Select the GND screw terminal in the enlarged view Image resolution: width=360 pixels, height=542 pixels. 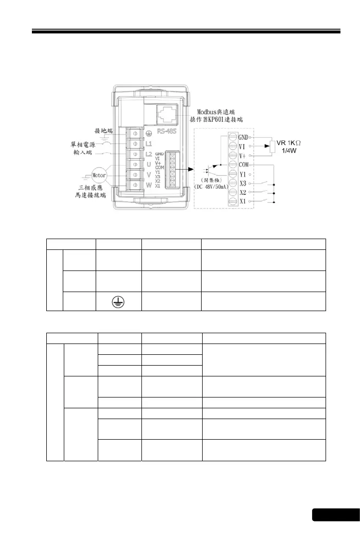(x=232, y=137)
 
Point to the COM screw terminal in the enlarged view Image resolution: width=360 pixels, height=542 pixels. (x=232, y=165)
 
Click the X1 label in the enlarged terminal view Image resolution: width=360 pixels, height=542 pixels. (x=245, y=202)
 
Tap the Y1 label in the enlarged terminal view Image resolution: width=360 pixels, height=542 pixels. (x=245, y=174)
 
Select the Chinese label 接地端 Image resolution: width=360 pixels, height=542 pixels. (x=105, y=131)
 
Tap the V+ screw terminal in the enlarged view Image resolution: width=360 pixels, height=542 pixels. (x=232, y=156)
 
